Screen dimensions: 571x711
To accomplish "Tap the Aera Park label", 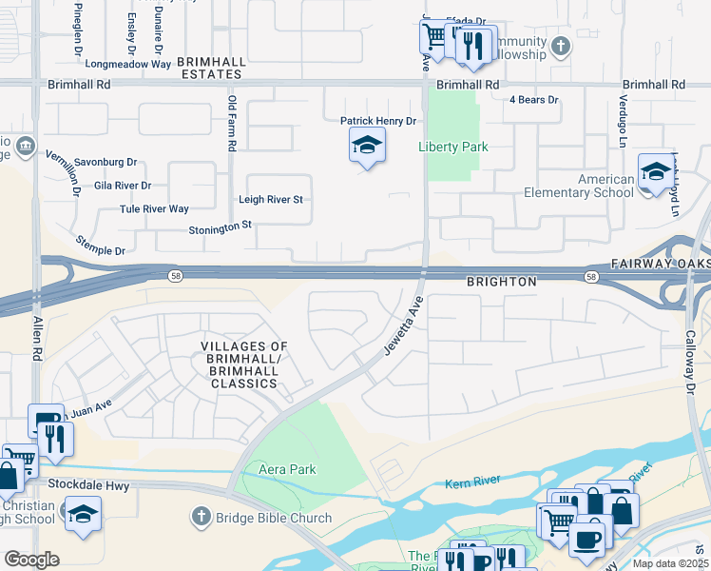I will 287,469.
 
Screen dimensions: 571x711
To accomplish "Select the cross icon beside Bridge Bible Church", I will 200,518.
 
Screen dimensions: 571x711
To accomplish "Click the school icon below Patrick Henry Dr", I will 367,147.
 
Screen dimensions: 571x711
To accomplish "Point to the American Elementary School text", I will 579,186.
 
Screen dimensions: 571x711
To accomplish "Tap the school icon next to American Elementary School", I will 655,172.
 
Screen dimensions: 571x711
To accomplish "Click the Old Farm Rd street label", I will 231,123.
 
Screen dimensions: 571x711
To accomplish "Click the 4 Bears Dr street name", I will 532,99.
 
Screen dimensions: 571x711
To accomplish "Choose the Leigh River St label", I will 270,200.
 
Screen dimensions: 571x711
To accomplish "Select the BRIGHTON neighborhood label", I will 502,283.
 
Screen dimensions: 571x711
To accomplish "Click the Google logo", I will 31,559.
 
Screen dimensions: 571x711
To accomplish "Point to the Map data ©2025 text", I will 671,563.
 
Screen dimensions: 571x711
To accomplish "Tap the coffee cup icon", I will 587,539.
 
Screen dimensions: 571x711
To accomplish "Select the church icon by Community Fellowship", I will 561,46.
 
